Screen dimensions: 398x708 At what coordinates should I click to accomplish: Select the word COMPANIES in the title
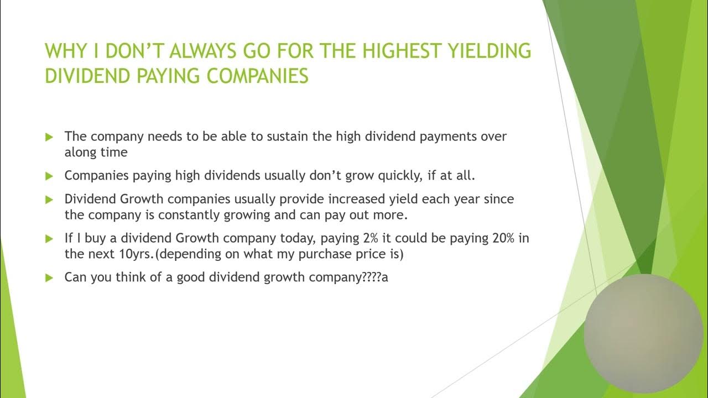pyautogui.click(x=258, y=76)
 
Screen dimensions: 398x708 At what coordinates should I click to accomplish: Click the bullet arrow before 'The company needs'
pyautogui.click(x=49, y=136)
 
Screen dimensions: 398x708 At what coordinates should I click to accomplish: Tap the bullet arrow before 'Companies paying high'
pyautogui.click(x=49, y=176)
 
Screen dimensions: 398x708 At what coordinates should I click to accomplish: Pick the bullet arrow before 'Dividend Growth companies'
pyautogui.click(x=49, y=199)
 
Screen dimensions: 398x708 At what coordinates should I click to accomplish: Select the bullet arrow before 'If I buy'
pyautogui.click(x=49, y=239)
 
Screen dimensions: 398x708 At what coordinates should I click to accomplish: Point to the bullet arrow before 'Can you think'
pyautogui.click(x=49, y=277)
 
